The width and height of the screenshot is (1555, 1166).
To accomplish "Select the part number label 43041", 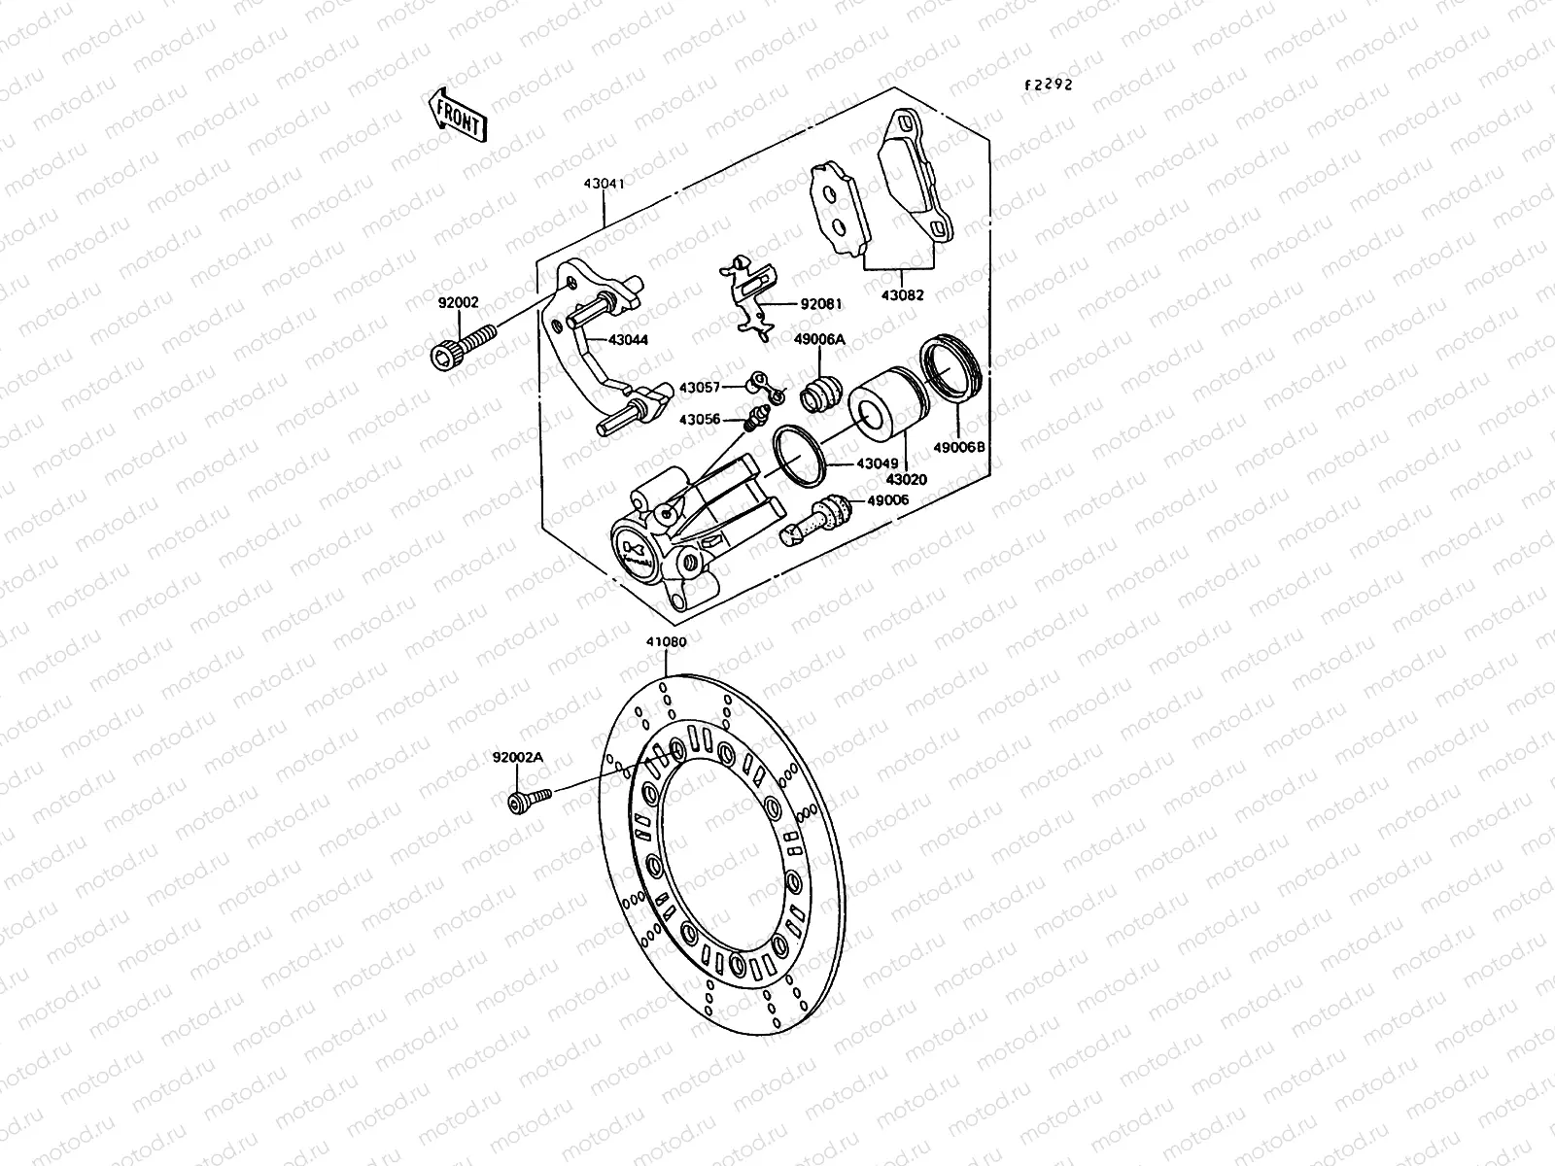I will tap(604, 183).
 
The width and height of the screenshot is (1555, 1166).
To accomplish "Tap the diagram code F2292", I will tap(1047, 85).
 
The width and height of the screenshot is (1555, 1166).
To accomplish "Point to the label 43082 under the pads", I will tap(903, 295).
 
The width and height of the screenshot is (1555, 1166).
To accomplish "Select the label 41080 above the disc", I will tap(666, 642).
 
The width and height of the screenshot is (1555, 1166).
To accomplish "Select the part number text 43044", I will tap(628, 339).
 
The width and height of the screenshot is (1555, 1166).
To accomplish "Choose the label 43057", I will tap(699, 387).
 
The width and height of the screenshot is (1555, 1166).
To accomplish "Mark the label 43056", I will tap(699, 420).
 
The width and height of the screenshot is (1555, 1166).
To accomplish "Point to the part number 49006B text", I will tap(958, 448).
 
